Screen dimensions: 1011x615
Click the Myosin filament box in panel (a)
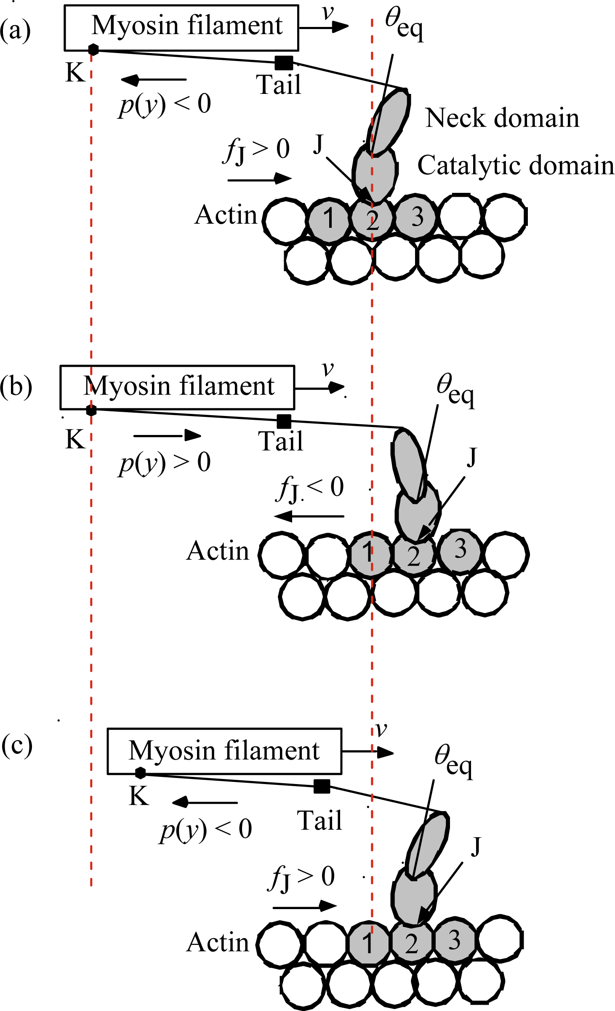pyautogui.click(x=181, y=28)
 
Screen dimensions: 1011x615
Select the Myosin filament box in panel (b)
pyautogui.click(x=177, y=387)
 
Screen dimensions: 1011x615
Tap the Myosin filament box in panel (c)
pyautogui.click(x=224, y=751)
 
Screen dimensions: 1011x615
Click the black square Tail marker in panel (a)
pyautogui.click(x=284, y=63)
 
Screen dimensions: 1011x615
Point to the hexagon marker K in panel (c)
pyautogui.click(x=140, y=773)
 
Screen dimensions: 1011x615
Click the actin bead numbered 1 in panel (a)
pyautogui.click(x=329, y=219)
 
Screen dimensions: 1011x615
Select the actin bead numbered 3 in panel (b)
pyautogui.click(x=460, y=550)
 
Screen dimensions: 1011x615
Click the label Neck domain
pyautogui.click(x=502, y=118)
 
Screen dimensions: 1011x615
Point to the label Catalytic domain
pyautogui.click(x=515, y=165)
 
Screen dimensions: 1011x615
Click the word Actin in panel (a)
pyautogui.click(x=226, y=215)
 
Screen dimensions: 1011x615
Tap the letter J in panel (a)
pyautogui.click(x=318, y=144)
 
